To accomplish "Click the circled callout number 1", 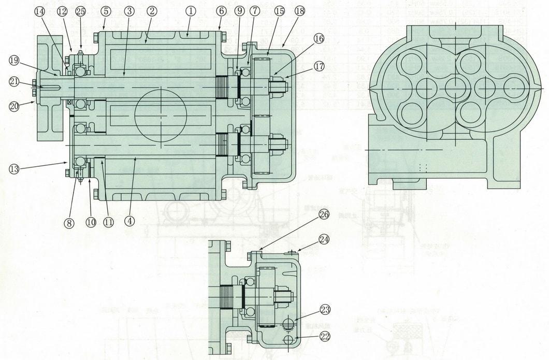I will point(191,10).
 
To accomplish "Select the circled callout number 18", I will point(300,10).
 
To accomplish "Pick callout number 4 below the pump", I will point(129,220).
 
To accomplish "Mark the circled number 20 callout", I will point(13,106).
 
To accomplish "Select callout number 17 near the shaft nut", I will point(319,66).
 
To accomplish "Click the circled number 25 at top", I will point(80,11).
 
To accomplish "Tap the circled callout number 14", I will point(40,10).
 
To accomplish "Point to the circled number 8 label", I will point(69,222).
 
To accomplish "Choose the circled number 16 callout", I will point(319,38).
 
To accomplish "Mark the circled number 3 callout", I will point(129,10).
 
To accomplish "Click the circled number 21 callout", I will point(13,82).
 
